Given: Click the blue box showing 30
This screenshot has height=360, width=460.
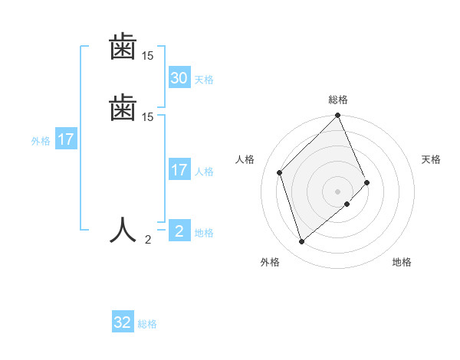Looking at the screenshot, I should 179,77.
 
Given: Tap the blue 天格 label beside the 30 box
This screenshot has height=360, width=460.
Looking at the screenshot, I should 204,80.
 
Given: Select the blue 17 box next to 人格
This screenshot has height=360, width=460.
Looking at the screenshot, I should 179,169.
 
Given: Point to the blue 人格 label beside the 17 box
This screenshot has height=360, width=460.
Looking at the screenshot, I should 205,172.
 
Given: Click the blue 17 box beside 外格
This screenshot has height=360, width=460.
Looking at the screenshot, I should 66,139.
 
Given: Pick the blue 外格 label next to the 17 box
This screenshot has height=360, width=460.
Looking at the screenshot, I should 41,141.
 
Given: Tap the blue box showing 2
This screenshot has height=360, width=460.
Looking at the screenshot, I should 179,231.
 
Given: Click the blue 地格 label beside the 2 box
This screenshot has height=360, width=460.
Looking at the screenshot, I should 204,233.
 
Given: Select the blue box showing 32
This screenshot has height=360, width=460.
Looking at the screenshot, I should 123,322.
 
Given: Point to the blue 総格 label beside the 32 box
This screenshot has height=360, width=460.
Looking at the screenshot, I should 147,325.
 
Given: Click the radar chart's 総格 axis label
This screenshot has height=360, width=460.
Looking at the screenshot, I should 338,100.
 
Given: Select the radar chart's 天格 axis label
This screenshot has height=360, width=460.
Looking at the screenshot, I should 431,159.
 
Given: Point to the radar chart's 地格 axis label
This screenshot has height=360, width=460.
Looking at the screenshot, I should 402,262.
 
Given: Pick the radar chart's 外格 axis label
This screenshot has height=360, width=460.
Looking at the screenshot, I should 270,262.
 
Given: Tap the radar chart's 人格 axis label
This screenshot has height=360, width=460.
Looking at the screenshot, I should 245,159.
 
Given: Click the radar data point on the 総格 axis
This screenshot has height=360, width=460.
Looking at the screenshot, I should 338,116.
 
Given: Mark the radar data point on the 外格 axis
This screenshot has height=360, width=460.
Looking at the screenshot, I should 301,242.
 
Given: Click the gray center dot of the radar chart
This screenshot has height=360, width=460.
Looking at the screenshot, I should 338,191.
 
